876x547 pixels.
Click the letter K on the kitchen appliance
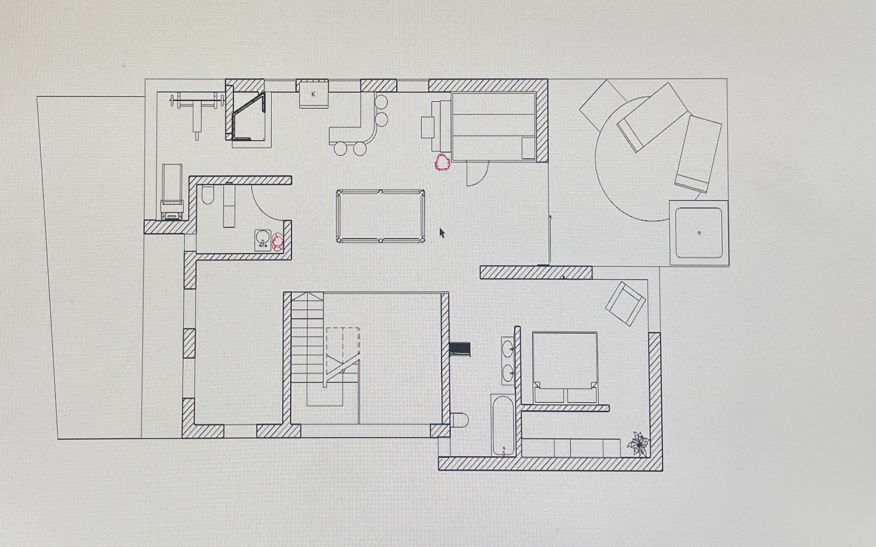[313, 94]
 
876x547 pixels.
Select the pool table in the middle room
[380, 216]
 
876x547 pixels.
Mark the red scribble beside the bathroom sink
[278, 242]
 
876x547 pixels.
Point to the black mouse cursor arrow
[442, 233]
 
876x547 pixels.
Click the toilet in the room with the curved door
[207, 195]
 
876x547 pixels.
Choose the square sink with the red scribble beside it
[263, 240]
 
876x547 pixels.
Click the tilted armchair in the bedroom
[626, 304]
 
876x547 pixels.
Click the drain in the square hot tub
[699, 233]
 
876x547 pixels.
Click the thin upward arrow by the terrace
[550, 239]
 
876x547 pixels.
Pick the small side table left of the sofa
[428, 128]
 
